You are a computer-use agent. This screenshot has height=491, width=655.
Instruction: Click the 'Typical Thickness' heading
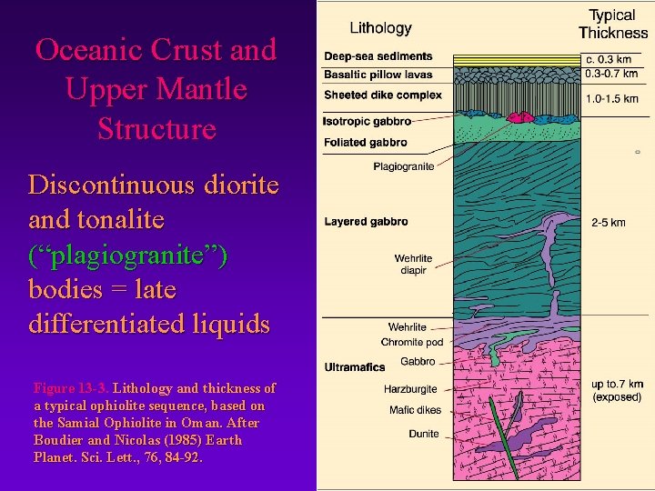click(612, 24)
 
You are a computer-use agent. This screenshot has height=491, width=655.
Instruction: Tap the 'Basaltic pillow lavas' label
click(378, 75)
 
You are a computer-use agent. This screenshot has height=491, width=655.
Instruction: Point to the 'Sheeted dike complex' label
click(383, 95)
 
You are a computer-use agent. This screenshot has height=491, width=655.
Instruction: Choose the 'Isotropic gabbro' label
click(367, 121)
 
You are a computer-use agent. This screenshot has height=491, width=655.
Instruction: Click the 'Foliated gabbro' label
click(365, 143)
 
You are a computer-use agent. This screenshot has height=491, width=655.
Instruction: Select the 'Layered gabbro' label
click(366, 222)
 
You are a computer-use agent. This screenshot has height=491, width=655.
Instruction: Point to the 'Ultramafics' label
click(355, 367)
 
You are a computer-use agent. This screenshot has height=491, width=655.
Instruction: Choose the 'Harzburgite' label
click(410, 389)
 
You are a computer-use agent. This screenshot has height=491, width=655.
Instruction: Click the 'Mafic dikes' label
click(415, 410)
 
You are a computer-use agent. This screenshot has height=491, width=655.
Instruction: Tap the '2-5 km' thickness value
click(608, 222)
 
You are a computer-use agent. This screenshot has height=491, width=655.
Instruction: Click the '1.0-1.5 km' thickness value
click(612, 99)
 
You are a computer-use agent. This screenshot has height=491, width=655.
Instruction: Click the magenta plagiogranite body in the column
click(520, 117)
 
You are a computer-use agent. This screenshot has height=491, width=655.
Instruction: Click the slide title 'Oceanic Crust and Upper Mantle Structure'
click(155, 89)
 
